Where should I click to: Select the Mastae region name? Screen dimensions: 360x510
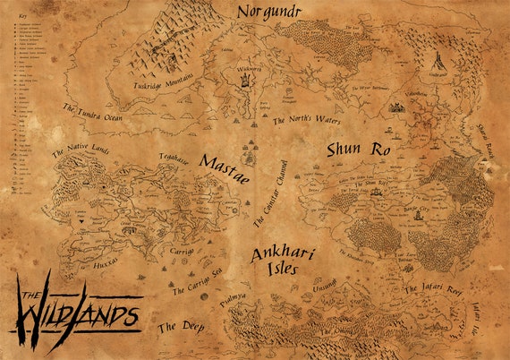point(225,164)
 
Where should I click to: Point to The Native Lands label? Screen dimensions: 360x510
point(80,152)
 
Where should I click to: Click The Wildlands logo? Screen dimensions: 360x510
point(75,304)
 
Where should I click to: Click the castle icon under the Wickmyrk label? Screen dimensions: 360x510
point(242,80)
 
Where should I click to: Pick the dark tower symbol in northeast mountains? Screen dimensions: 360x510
point(438,62)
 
